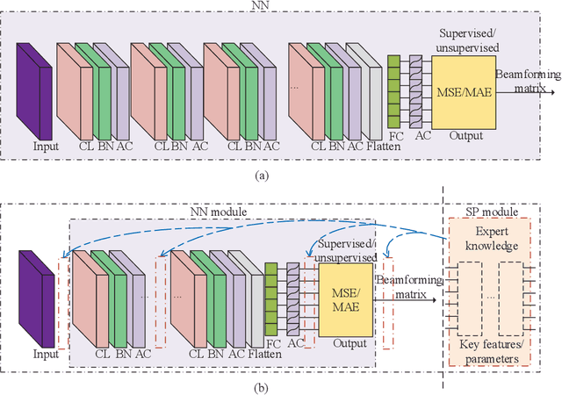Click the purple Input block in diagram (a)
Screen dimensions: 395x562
tap(34, 88)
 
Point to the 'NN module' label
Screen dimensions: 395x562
tap(222, 211)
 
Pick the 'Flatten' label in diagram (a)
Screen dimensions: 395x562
tap(383, 145)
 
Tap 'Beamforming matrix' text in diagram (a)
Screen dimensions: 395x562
tap(526, 82)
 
